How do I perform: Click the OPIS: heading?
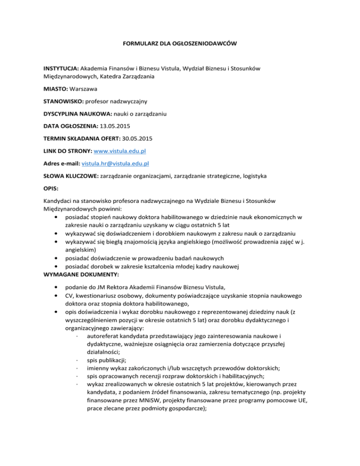[x=46, y=189]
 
